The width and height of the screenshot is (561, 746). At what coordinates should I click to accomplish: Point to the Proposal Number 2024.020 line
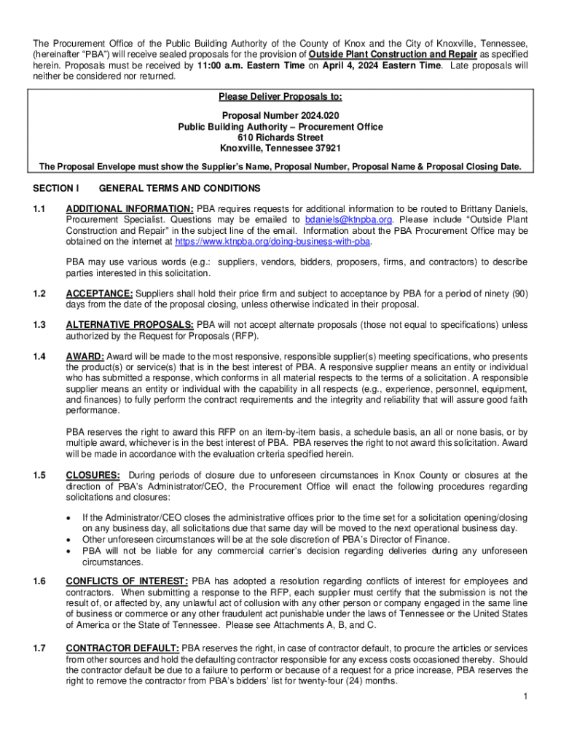(x=280, y=116)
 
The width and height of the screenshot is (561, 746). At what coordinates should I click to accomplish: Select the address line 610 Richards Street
(x=280, y=137)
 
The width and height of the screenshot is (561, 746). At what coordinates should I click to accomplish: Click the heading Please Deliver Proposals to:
(x=280, y=97)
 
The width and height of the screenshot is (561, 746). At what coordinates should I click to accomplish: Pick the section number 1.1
(x=39, y=209)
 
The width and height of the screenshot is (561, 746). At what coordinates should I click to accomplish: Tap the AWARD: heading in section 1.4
(x=85, y=356)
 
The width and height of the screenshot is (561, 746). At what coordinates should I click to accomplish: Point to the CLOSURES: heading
(x=90, y=476)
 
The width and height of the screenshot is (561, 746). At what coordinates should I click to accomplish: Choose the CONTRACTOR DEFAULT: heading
(x=122, y=648)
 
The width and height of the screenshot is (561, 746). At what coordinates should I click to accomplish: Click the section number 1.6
(x=39, y=581)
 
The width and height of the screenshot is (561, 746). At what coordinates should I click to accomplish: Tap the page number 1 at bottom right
(x=525, y=697)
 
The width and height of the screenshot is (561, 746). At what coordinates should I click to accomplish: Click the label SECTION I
(x=55, y=188)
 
